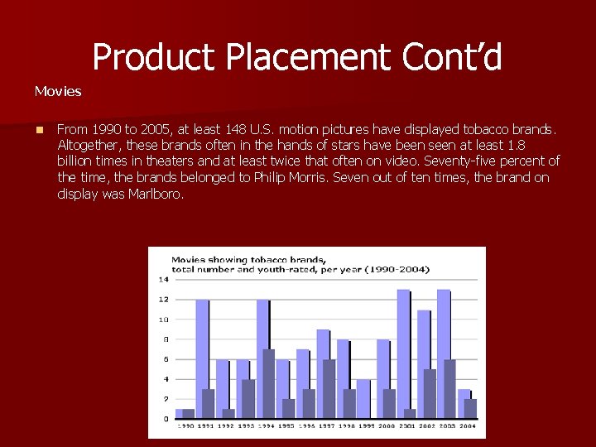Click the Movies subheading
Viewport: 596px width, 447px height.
58,91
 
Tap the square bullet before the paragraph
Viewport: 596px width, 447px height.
39,130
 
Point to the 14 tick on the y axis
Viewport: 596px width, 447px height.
164,279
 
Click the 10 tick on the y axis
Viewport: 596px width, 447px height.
164,320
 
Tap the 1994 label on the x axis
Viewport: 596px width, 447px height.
266,425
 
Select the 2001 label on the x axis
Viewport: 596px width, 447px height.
406,425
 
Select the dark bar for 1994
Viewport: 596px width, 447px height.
269,383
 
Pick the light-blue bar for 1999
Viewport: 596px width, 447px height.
363,398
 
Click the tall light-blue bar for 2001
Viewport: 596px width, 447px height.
403,348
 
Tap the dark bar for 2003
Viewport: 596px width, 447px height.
449,388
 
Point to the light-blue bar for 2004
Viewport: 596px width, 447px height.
464,403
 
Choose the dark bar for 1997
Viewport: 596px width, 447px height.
329,388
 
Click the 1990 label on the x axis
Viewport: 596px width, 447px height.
185,425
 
